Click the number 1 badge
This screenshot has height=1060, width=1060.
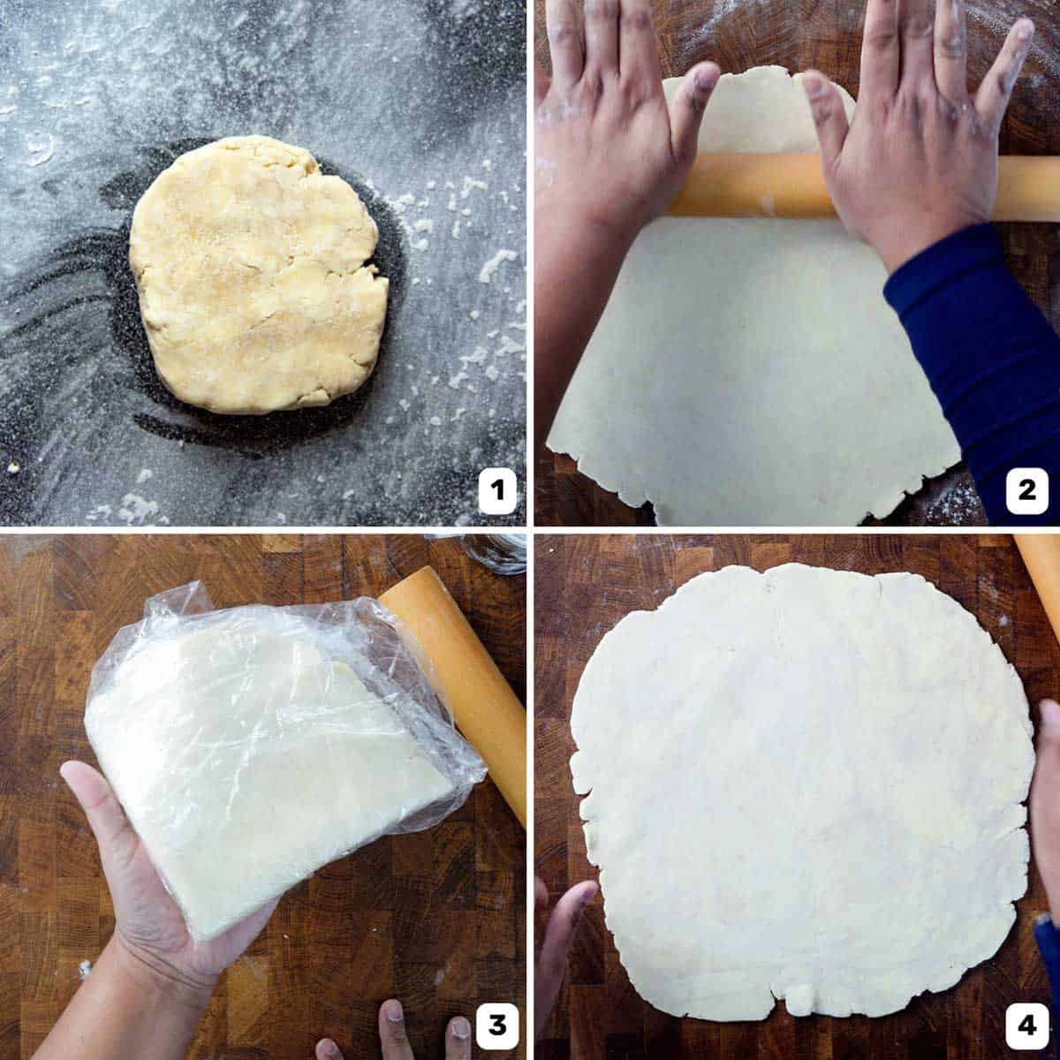tap(496, 488)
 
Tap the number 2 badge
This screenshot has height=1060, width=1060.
tap(1026, 488)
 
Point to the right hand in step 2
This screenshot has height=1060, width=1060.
tap(919, 132)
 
